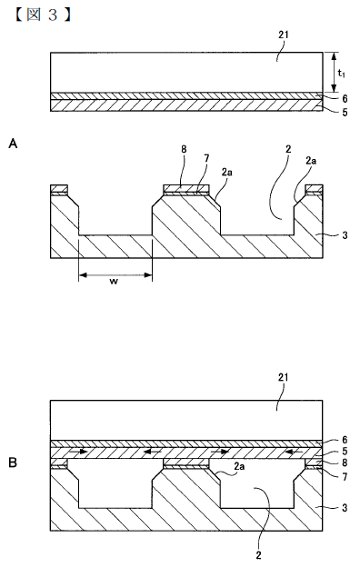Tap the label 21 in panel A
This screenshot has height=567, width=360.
coord(284,35)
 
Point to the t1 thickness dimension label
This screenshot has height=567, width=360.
coord(341,73)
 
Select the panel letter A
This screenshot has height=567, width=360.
coord(13,144)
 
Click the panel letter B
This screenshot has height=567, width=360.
coord(13,463)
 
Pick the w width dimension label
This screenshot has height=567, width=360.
coord(114,282)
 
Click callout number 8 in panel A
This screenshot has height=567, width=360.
coord(184,149)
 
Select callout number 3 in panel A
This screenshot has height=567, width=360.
coord(345,235)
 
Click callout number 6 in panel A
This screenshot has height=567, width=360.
coord(345,98)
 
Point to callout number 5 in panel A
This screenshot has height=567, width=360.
coord(345,113)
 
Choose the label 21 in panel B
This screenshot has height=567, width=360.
coord(283,377)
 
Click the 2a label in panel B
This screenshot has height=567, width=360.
coord(239,466)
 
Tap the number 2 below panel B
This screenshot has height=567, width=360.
coord(258,555)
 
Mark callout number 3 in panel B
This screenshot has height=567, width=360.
coord(345,508)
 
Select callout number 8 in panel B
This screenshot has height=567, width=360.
coord(345,463)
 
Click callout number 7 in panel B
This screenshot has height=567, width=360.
coord(345,477)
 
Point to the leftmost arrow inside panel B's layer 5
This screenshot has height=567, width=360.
coord(79,452)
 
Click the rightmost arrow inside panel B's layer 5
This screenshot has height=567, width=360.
coord(294,452)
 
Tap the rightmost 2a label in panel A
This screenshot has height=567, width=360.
coord(311,161)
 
